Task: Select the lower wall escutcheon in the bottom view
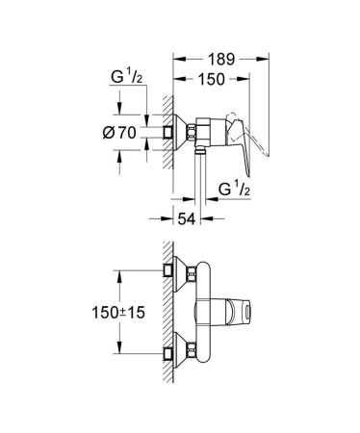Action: [x=176, y=355]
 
